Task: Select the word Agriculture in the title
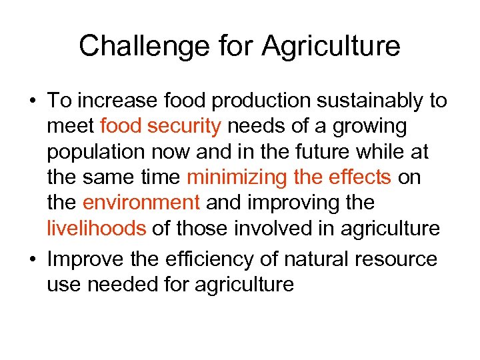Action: point(331,47)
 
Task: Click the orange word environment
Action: point(141,203)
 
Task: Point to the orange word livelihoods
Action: point(96,228)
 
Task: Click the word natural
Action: point(315,259)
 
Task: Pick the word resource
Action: point(395,259)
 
